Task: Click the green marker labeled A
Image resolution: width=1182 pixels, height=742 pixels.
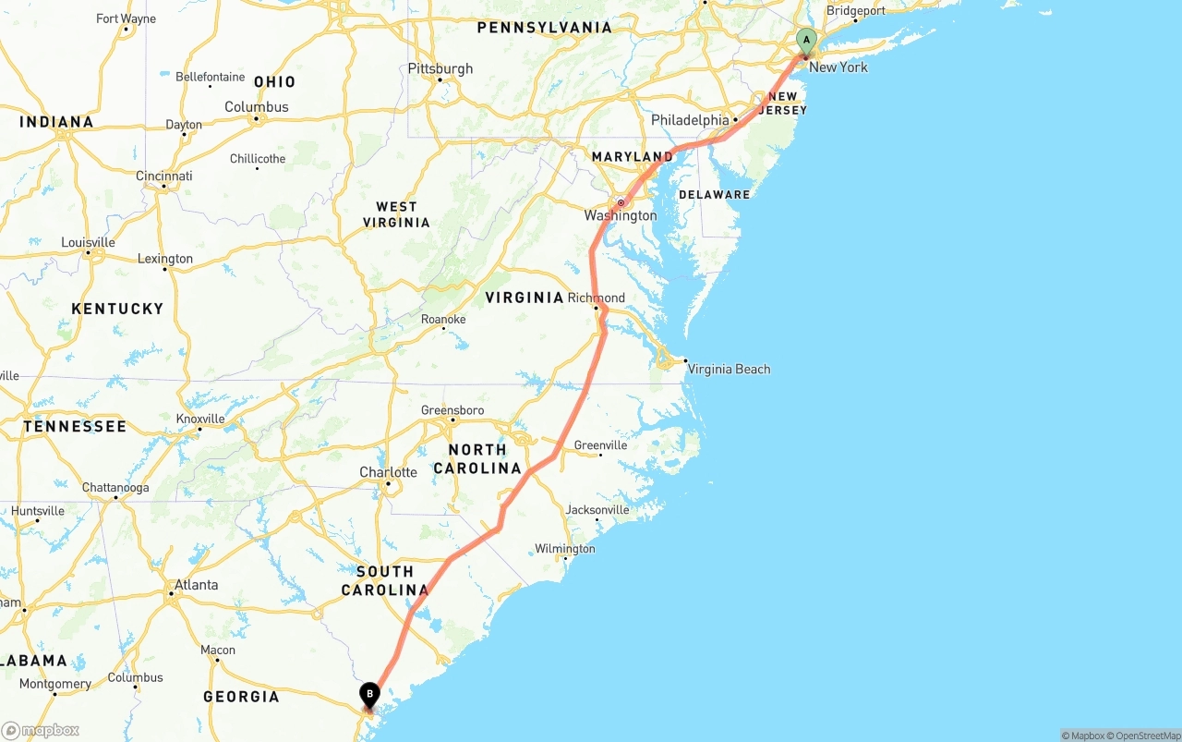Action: coord(806,41)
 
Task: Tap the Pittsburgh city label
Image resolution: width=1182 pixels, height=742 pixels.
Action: coord(440,68)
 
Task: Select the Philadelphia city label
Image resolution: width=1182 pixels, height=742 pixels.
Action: coord(690,120)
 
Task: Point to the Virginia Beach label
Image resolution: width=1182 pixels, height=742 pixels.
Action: coord(729,369)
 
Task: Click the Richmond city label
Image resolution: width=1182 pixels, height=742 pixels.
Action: coord(596,298)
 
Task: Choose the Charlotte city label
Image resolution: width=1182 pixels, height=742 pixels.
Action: coord(388,472)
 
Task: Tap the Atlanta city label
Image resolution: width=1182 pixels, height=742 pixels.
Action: coord(197,584)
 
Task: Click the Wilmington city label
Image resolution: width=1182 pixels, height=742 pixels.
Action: coord(565,549)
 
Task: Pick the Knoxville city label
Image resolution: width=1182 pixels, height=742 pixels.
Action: coord(200,419)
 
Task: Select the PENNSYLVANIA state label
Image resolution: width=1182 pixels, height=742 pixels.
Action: coord(544,28)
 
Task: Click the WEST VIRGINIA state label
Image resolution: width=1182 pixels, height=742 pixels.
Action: coord(396,214)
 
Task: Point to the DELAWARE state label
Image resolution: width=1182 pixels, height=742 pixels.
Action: coord(714,195)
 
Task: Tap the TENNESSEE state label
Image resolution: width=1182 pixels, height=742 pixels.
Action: coord(75,426)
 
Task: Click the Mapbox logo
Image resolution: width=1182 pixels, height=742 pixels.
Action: coord(41,730)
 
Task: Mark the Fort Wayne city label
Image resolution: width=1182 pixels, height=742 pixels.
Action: coord(126,18)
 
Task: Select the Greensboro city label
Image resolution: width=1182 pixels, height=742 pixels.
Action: coord(452,410)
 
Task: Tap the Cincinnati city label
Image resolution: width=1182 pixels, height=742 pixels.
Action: coord(163,176)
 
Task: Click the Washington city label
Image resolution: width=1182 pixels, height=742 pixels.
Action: coord(621,215)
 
